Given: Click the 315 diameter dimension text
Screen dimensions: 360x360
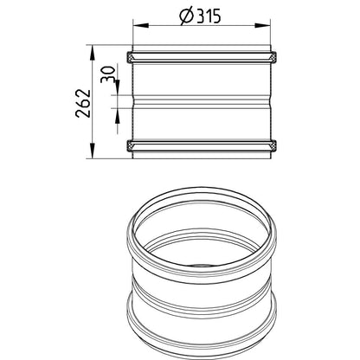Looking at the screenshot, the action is [209, 16].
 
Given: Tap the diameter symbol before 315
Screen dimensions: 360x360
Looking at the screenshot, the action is [186, 16].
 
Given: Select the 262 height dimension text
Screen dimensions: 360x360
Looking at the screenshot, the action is [83, 103].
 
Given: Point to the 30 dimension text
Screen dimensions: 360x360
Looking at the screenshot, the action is [108, 74].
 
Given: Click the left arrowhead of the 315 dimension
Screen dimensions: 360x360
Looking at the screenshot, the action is [140, 26].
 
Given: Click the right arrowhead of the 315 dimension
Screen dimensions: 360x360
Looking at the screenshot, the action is [262, 26].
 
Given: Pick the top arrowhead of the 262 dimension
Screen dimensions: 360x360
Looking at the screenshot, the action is [92, 53].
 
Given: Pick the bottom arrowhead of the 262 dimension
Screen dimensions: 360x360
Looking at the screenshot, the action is [92, 151].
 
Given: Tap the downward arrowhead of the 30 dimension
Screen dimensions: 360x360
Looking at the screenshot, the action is [118, 87].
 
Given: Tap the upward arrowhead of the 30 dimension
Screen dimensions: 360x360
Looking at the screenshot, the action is [118, 116].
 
